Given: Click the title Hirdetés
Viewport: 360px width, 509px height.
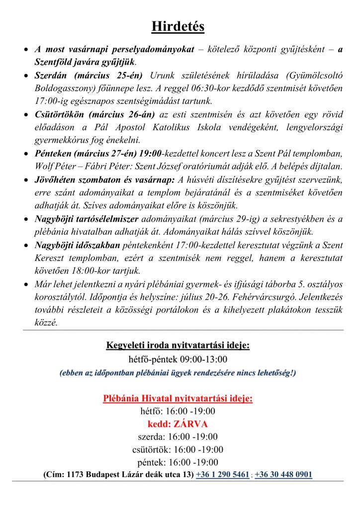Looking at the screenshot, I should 178,26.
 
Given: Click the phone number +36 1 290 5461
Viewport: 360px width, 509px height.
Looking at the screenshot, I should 222,474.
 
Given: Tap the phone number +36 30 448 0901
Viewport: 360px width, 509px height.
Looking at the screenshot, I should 283,474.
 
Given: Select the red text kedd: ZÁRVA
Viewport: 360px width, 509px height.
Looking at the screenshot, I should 178,424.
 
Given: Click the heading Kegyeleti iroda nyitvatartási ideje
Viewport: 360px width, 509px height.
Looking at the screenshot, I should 178,345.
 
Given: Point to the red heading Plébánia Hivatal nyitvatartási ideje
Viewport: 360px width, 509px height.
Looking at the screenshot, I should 178,398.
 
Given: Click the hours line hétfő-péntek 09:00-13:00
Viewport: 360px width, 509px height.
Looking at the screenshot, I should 178,359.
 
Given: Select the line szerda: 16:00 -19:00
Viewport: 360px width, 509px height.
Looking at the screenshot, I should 178,437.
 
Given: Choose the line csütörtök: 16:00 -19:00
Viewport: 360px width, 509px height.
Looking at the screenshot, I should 178,450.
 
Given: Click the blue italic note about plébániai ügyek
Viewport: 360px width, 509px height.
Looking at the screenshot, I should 178,372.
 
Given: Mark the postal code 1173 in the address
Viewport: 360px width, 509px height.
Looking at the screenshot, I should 75,474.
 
